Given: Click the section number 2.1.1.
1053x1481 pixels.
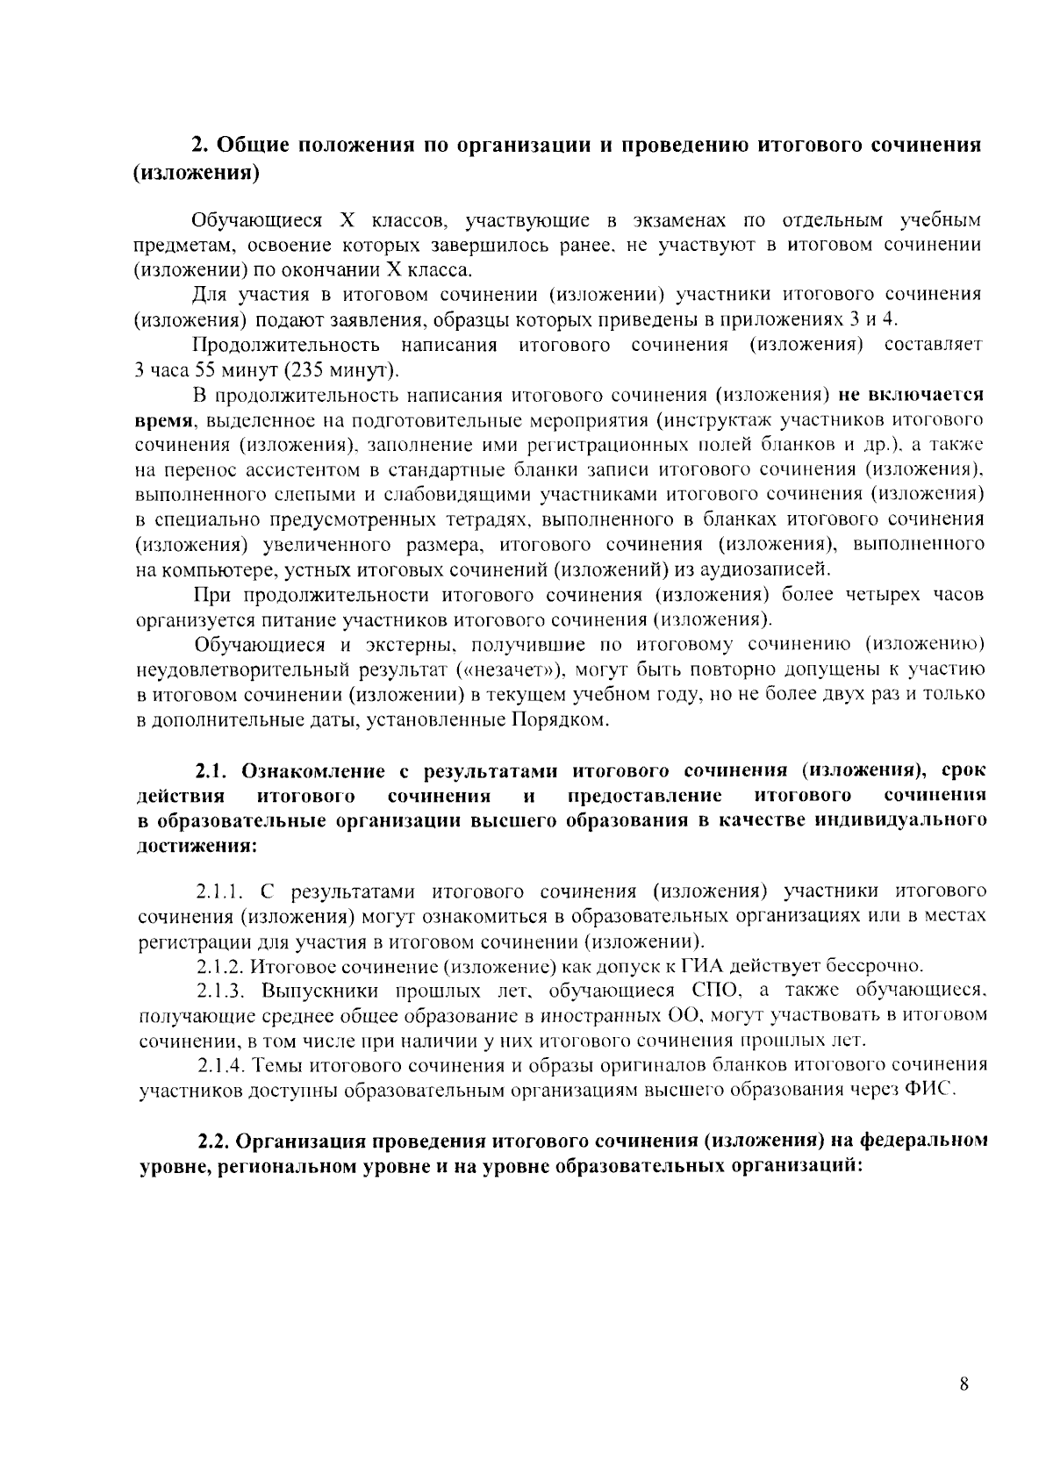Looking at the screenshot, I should coord(218,892).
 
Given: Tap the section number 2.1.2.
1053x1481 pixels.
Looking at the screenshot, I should coord(218,967).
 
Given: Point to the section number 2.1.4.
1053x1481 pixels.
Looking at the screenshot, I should coord(221,1065).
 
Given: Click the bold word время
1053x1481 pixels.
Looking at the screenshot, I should coord(164,419).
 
